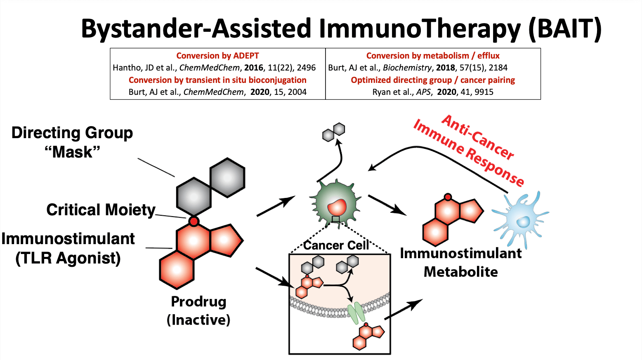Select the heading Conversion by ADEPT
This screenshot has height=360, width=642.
click(217, 56)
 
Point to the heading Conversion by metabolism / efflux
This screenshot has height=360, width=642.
click(433, 56)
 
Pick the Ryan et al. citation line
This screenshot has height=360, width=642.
click(433, 92)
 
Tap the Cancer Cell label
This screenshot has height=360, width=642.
click(336, 245)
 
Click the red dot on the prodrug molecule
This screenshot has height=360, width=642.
click(194, 221)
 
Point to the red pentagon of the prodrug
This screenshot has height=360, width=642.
click(225, 240)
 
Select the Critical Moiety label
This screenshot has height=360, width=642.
click(101, 210)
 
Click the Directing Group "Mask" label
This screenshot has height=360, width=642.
click(72, 142)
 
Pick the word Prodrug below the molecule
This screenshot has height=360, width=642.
click(198, 302)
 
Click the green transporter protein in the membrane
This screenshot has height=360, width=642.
click(355, 312)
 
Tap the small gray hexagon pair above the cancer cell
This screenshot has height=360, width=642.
click(333, 132)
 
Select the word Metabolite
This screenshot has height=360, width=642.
click(460, 272)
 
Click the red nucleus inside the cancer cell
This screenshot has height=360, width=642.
click(337, 207)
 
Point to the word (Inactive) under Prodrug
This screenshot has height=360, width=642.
click(198, 320)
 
